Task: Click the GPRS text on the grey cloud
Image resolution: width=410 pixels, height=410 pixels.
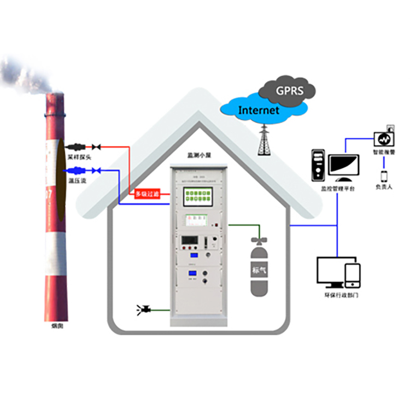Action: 290,90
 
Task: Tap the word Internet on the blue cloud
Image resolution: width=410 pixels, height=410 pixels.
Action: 259,110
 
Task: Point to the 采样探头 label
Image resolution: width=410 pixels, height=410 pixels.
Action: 79,156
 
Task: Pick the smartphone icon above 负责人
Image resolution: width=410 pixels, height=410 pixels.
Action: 384,177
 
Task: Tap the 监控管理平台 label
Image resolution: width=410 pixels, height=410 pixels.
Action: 337,188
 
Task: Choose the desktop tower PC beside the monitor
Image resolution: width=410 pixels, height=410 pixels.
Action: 318,165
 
